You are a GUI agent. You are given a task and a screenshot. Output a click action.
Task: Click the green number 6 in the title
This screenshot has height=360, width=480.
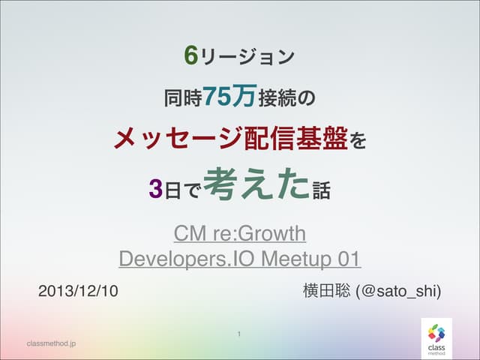pos(191,55)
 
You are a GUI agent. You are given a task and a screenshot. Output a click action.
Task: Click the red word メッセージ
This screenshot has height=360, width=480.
pos(169,139)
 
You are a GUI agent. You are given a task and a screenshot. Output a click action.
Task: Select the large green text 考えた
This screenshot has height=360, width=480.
pos(256,184)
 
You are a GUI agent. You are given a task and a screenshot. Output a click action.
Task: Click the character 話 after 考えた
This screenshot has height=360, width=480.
pos(321,187)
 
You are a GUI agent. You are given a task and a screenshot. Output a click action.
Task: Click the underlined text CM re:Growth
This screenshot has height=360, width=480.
pos(240,234)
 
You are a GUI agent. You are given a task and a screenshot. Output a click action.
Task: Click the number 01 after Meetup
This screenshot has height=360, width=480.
pos(348,259)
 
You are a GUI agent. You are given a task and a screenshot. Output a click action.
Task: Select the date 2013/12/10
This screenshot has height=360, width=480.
pos(78,290)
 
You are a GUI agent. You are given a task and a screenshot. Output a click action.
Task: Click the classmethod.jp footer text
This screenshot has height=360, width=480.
pos(51,343)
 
